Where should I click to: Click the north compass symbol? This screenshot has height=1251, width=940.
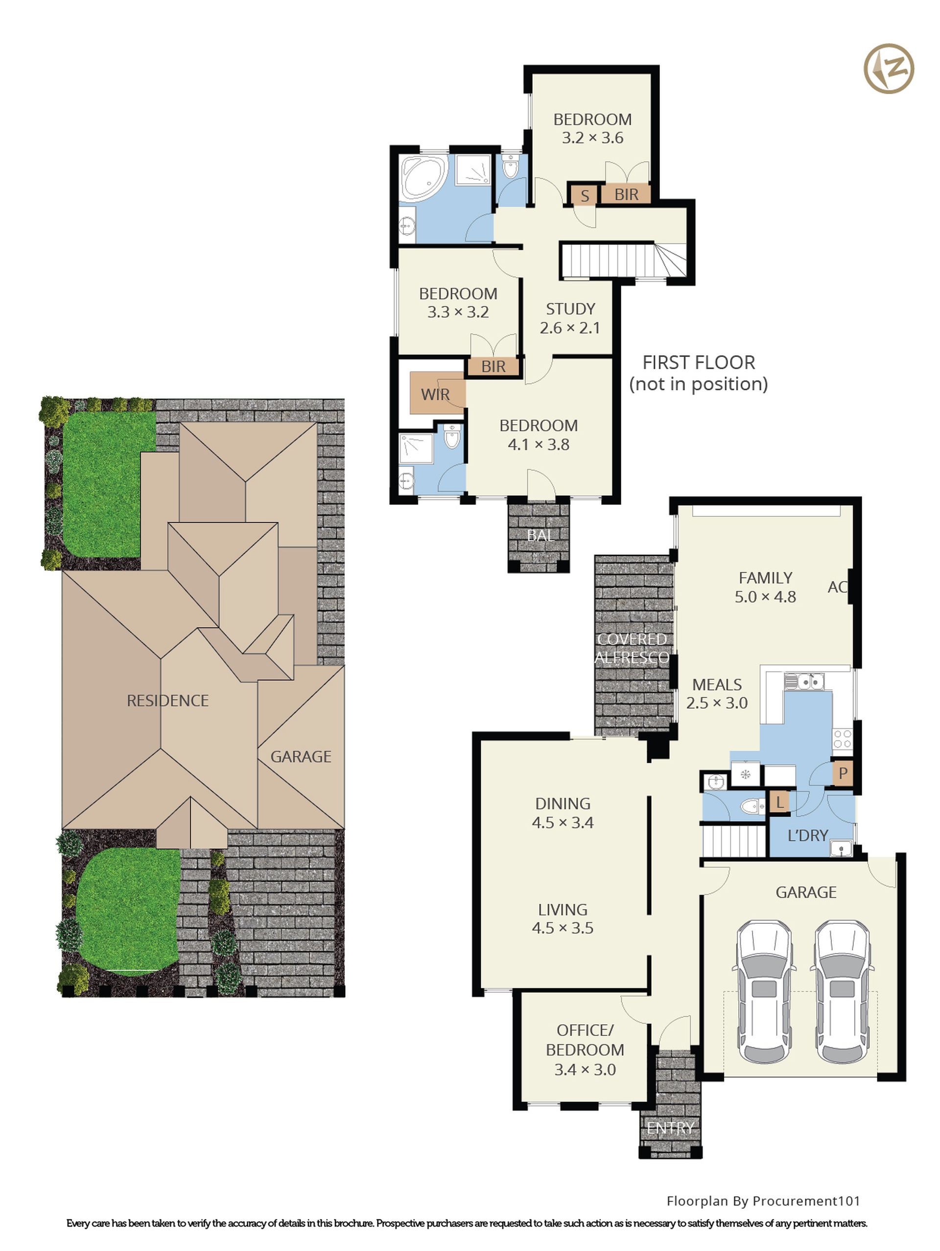[x=889, y=69]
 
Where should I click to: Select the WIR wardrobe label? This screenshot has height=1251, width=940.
[x=435, y=394]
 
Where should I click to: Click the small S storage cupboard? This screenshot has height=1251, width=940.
[x=585, y=195]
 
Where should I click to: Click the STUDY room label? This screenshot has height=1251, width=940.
[x=570, y=309]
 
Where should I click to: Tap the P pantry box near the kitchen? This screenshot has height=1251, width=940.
[x=843, y=772]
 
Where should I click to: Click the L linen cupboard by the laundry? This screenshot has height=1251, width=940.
[x=779, y=801]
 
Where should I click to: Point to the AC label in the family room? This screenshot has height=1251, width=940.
[x=837, y=587]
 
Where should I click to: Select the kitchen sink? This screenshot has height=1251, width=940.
[x=804, y=681]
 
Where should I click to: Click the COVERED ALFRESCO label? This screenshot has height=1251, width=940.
[x=632, y=648]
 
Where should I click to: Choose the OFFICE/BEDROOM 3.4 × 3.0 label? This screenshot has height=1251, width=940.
[x=585, y=1050]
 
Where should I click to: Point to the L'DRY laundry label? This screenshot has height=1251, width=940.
[x=807, y=835]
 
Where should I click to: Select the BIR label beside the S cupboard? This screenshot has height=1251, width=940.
[x=626, y=194]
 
